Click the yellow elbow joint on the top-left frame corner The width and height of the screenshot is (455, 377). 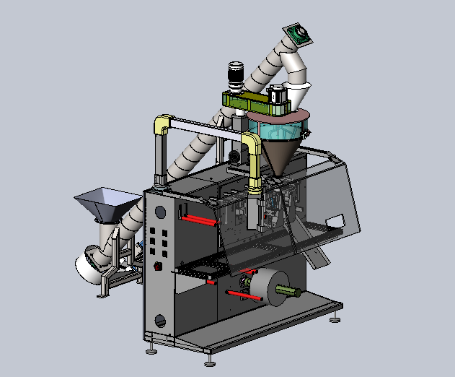[x=163, y=123]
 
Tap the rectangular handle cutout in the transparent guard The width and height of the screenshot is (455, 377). [x=333, y=220]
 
